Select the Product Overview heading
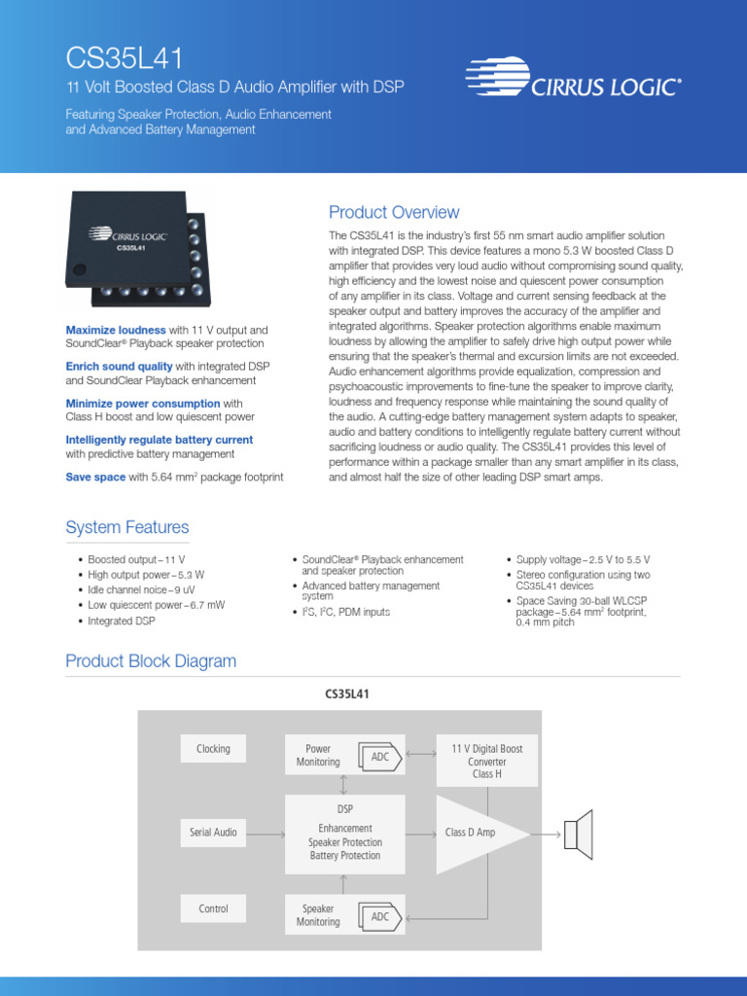(394, 212)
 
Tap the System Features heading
(127, 527)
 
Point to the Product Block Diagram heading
(151, 661)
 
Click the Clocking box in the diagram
(213, 748)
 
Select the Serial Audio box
(213, 833)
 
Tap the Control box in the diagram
(213, 908)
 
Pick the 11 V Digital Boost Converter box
(486, 762)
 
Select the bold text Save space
(95, 478)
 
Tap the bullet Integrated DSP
(122, 621)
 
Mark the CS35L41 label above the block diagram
(346, 694)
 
